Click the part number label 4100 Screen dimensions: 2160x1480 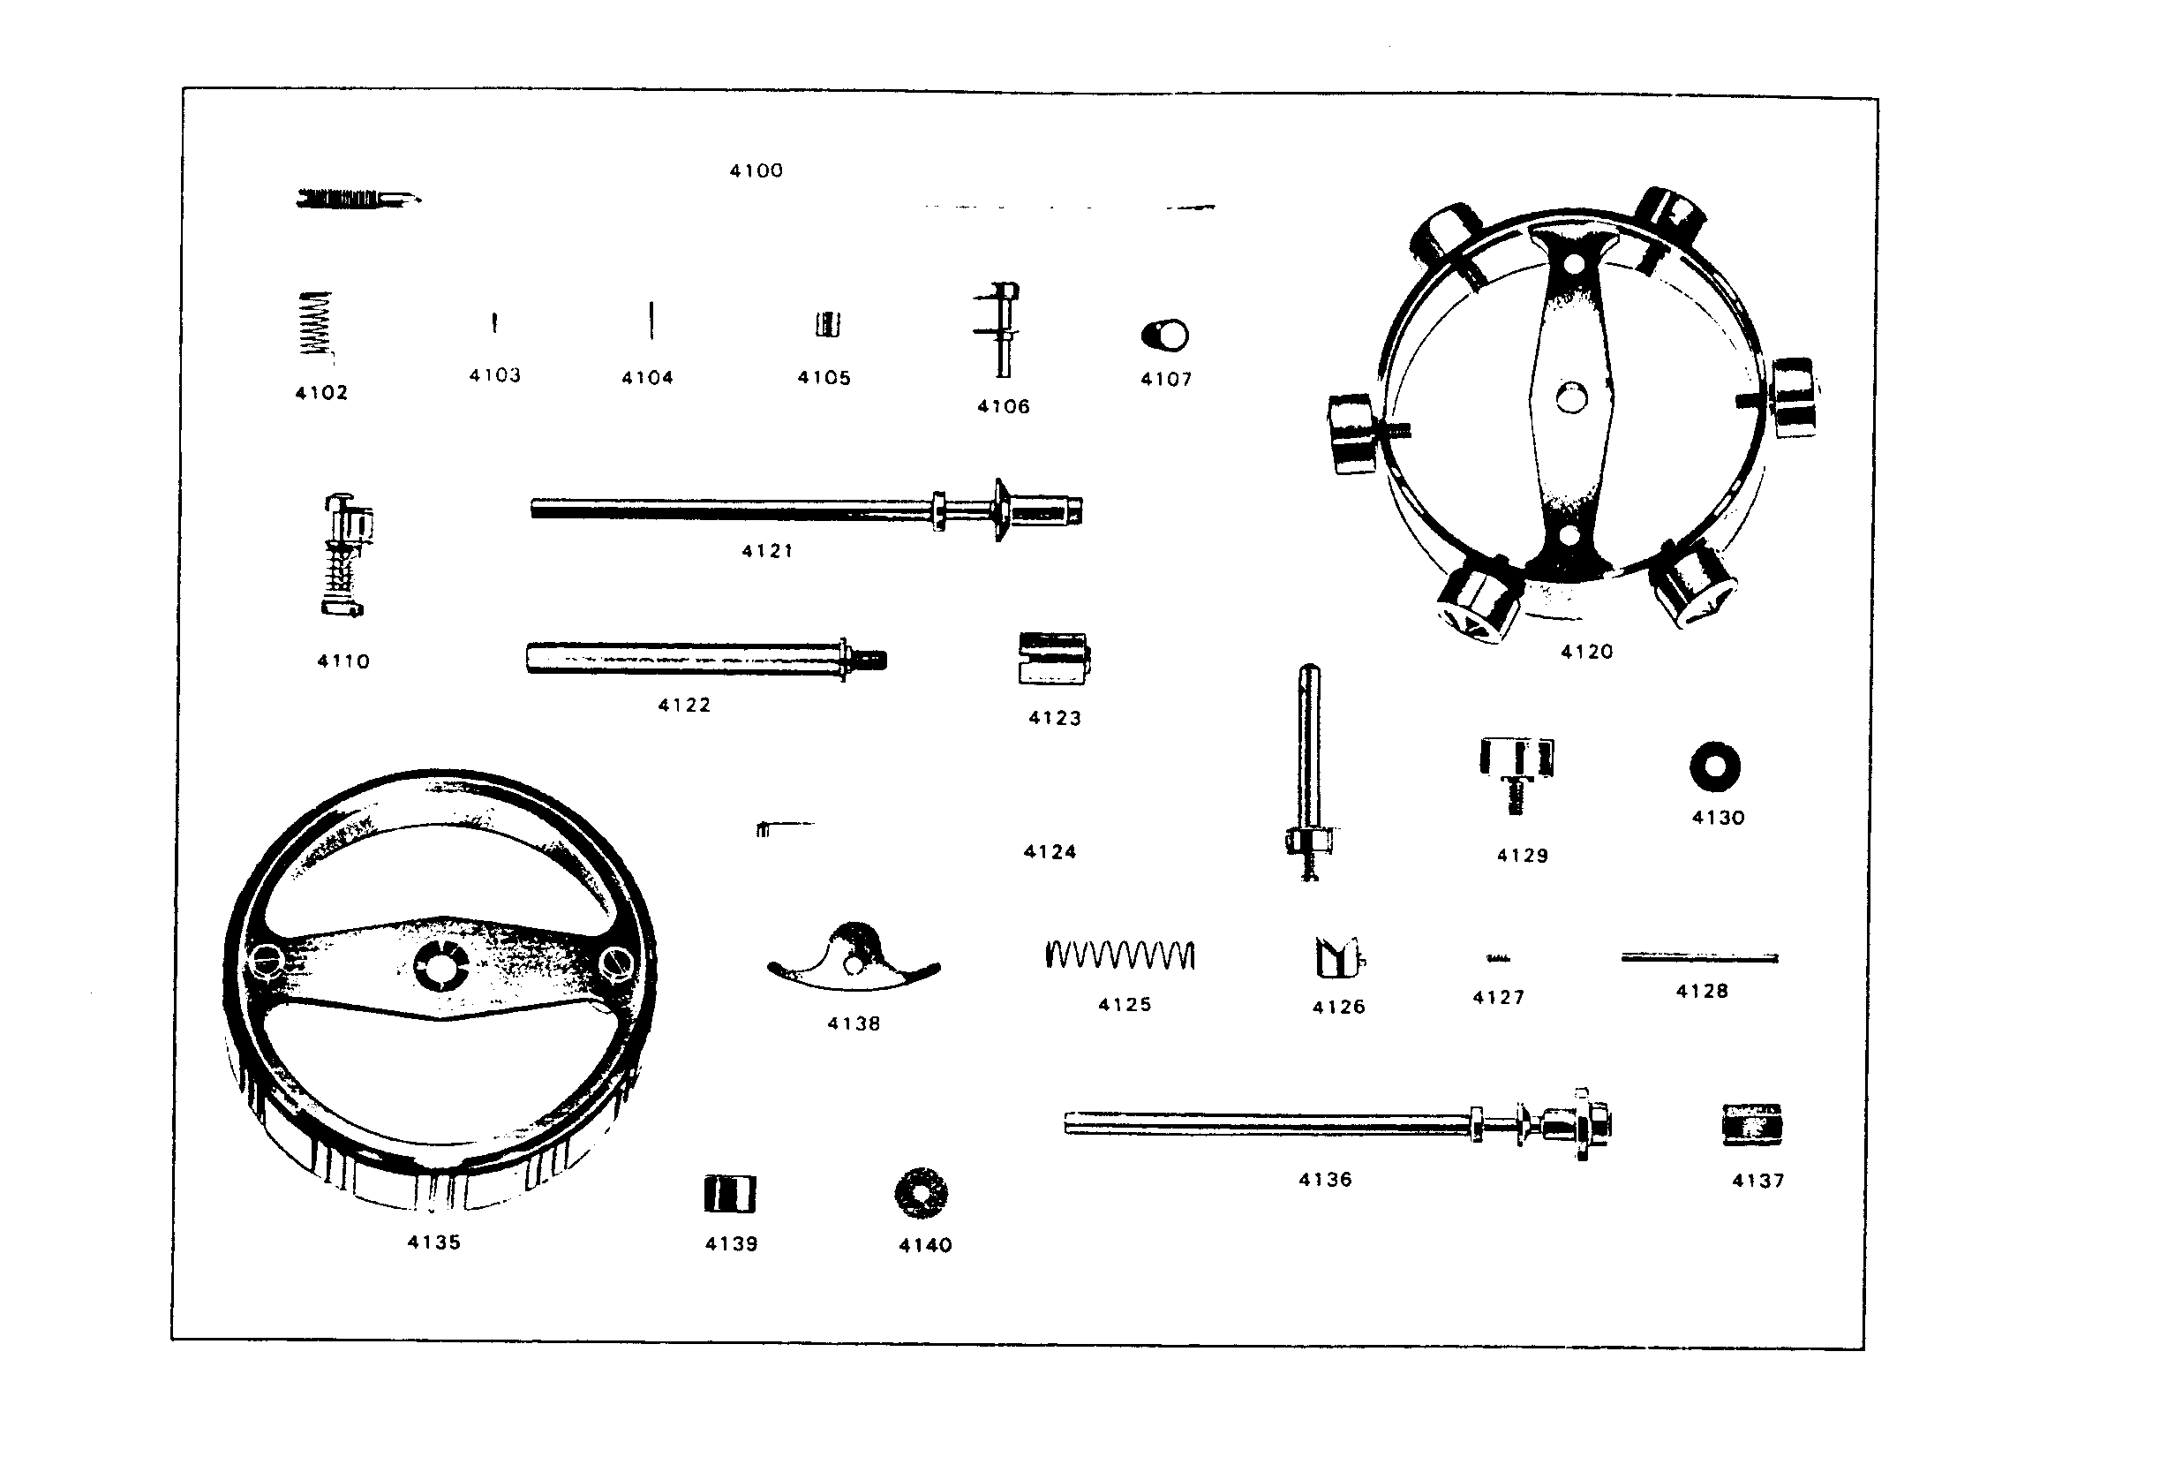tap(756, 171)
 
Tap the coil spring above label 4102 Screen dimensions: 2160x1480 tap(315, 322)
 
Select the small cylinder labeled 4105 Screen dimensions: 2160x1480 tap(827, 324)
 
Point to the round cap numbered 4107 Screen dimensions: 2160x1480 tap(1164, 335)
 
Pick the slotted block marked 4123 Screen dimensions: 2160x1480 tap(1054, 658)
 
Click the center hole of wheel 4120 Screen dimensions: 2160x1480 tap(1571, 398)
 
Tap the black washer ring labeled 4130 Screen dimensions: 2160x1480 tap(1715, 767)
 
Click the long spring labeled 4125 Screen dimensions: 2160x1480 tap(1120, 955)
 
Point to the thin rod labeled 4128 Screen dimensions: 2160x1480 tap(1700, 957)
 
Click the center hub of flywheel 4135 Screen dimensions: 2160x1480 tap(442, 966)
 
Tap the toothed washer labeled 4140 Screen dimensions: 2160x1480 tap(921, 1193)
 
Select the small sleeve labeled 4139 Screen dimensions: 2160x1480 tap(731, 1194)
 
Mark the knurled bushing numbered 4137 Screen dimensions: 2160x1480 tap(1752, 1125)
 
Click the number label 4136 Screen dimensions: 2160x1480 tap(1325, 1180)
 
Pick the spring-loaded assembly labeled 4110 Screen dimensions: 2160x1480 tap(346, 555)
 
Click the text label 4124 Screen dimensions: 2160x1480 tap(1050, 852)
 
